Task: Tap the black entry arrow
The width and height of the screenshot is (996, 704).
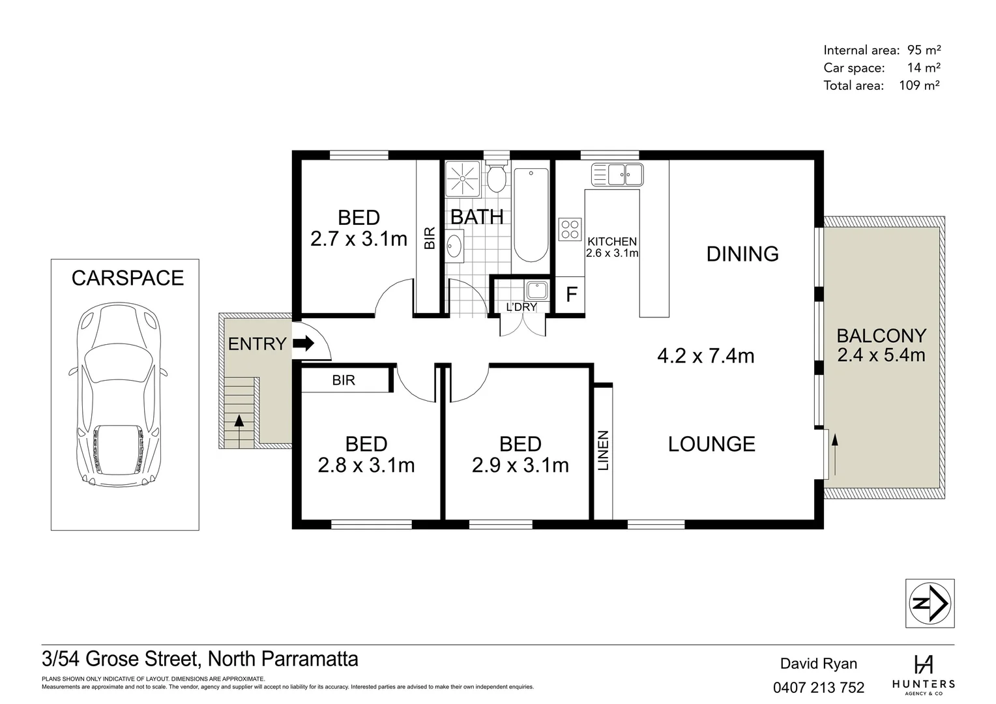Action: coord(303,344)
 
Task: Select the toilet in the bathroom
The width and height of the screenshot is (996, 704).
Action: coord(497,177)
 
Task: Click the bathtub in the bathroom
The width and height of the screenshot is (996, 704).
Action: coord(531,214)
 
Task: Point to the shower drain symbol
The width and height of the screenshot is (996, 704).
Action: coord(462,177)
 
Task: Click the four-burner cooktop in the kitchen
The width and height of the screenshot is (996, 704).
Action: coord(570,229)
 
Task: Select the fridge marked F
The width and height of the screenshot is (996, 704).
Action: coord(571,295)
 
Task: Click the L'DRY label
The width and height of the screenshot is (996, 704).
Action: coord(521,307)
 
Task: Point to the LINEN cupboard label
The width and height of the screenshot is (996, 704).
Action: coord(603,450)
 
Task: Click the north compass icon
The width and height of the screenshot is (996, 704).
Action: coord(930,604)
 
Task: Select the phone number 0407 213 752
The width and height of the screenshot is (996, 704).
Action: coord(819,687)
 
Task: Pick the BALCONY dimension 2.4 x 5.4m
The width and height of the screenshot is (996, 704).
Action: coord(881,355)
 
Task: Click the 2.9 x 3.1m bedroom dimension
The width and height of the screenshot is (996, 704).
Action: coord(520,465)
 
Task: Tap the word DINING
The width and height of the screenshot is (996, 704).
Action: coord(742,254)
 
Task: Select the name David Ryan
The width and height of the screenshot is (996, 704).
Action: coord(819,664)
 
